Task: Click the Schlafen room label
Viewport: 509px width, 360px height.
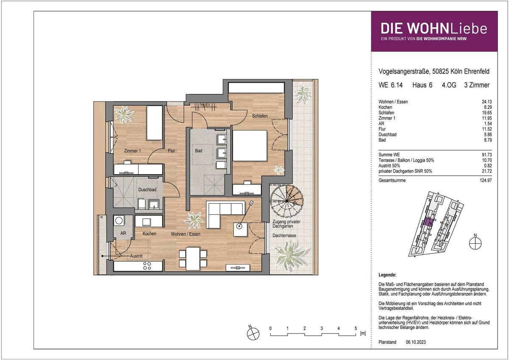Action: tap(260, 116)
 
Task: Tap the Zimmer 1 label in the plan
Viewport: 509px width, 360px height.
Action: tap(132, 151)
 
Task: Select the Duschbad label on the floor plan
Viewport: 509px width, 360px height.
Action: tap(147, 189)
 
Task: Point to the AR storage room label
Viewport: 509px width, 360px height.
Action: tap(123, 233)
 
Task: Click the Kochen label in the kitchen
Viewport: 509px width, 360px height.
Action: tap(149, 233)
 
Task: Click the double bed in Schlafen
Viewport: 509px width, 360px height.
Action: tap(249, 146)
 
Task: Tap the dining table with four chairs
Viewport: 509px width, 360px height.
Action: tap(193, 259)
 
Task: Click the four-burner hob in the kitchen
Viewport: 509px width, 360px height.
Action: tap(147, 266)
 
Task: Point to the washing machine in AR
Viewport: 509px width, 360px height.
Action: tap(119, 220)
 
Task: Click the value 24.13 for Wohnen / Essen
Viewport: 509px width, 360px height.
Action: tap(487, 102)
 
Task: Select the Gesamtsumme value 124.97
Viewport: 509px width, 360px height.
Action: tap(486, 180)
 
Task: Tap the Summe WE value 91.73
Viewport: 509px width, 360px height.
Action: tap(487, 155)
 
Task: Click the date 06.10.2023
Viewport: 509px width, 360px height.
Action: tap(416, 342)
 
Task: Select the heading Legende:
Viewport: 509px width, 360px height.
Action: tap(387, 275)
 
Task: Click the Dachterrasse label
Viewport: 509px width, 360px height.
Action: tap(284, 236)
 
